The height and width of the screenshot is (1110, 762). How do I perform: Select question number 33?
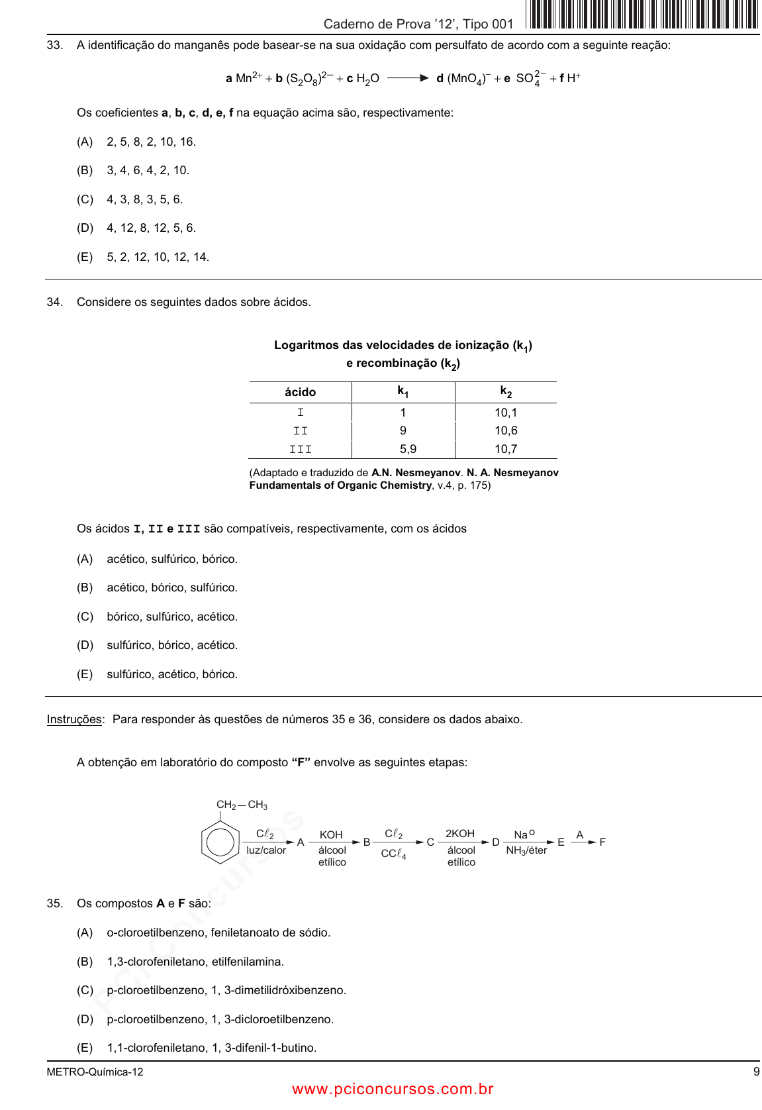[x=54, y=45]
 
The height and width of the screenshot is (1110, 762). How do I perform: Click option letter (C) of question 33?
[x=85, y=199]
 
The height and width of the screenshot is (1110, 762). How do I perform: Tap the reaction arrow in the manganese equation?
[x=408, y=78]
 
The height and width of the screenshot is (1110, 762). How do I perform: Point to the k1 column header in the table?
[x=403, y=392]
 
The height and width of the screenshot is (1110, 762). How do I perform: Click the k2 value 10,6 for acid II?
[x=506, y=430]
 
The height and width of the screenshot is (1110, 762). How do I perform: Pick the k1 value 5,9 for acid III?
[x=408, y=449]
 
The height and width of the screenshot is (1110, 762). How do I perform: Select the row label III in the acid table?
[x=300, y=449]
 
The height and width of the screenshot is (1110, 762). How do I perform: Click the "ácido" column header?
[x=300, y=392]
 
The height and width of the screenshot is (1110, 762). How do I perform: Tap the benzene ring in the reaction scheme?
[x=220, y=842]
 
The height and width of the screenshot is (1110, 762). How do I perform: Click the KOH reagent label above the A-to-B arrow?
[x=331, y=834]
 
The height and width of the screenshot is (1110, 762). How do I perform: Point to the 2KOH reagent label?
[x=460, y=833]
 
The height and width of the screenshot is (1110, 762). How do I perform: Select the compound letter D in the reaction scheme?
[x=495, y=842]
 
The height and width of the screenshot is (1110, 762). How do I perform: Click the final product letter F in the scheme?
[x=602, y=842]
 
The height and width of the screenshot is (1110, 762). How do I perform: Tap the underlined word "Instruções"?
[x=74, y=719]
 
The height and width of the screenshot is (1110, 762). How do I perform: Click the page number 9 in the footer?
[x=756, y=1072]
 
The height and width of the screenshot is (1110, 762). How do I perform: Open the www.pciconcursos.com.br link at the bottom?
[x=393, y=1089]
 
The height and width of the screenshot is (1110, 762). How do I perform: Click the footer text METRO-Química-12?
[x=95, y=1072]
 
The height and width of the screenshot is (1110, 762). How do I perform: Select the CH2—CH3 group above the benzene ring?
[x=242, y=805]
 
